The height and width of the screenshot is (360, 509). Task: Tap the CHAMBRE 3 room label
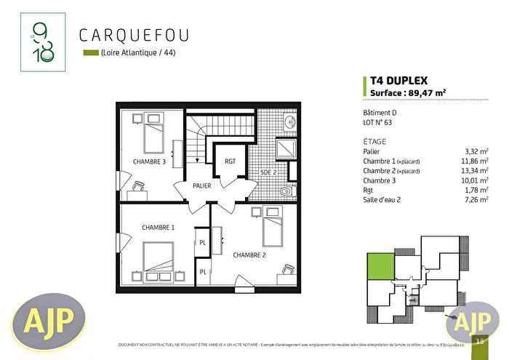pos(149,161)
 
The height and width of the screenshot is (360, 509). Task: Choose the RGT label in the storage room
pos(230,161)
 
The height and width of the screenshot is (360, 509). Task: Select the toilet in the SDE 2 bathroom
pos(288,191)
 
